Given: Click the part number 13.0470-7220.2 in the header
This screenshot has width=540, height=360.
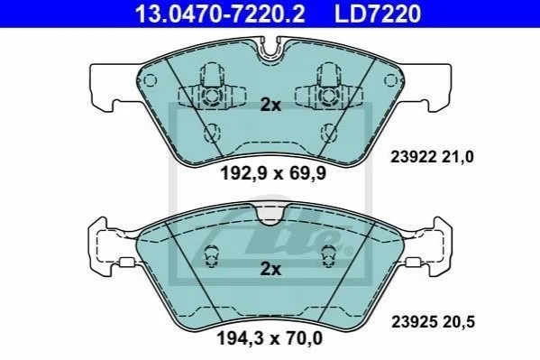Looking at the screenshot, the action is pyautogui.click(x=220, y=14).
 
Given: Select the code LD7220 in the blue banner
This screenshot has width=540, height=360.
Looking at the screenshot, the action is pyautogui.click(x=378, y=14).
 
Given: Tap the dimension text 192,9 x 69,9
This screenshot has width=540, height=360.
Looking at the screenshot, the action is pyautogui.click(x=273, y=173).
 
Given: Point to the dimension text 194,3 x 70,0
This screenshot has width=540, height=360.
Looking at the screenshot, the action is pyautogui.click(x=270, y=338).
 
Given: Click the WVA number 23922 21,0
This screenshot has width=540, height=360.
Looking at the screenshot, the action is pyautogui.click(x=432, y=157).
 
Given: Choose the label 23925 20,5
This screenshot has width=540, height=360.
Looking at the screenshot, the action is pyautogui.click(x=433, y=322).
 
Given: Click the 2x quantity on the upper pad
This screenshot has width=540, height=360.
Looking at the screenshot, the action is pyautogui.click(x=270, y=105).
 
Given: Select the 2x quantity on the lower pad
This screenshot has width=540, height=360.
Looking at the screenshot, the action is pyautogui.click(x=270, y=269).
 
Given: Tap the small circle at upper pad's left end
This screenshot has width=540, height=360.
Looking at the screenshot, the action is pyautogui.click(x=150, y=80).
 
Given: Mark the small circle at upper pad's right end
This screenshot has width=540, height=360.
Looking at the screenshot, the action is pyautogui.click(x=390, y=80).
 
